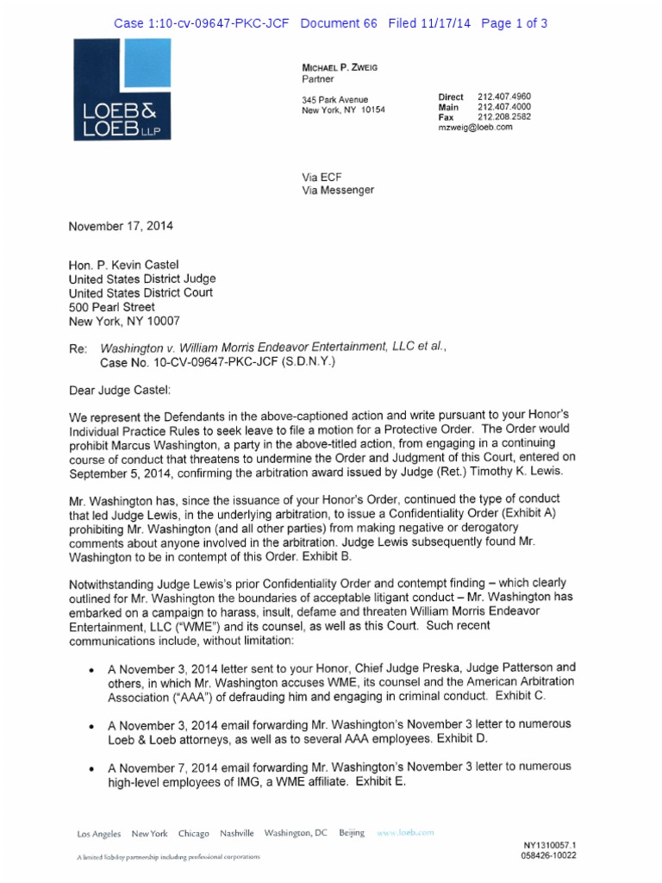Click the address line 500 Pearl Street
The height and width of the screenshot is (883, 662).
112,307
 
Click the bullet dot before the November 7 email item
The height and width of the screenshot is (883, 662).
92,767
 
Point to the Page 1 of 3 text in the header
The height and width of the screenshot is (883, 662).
515,23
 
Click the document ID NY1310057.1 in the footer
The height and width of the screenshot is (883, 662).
549,846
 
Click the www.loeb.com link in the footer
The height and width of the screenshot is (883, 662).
405,834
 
